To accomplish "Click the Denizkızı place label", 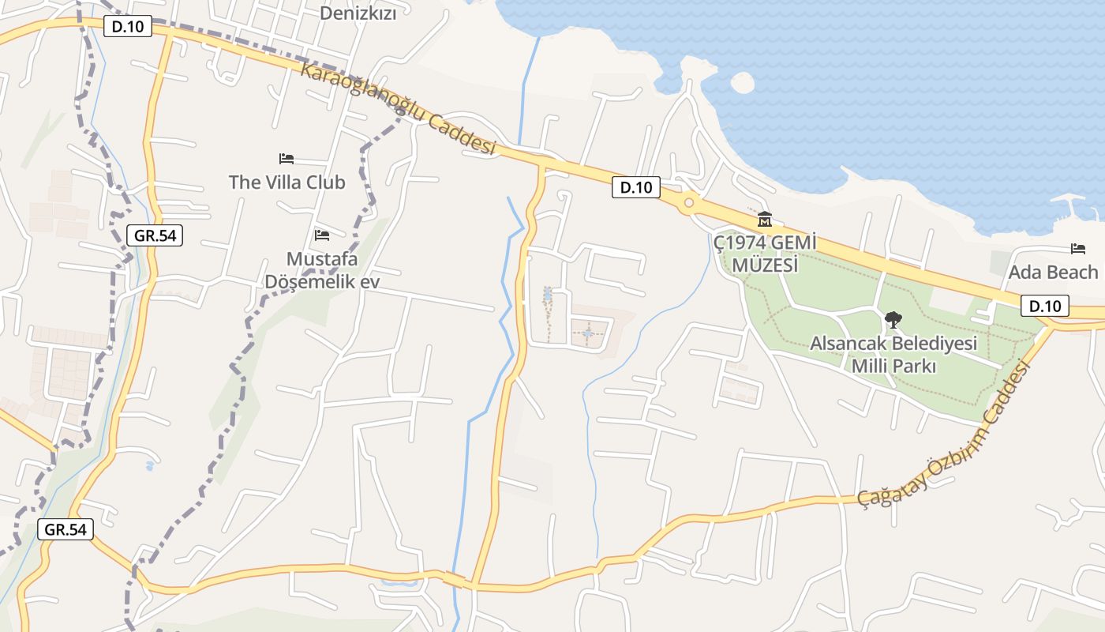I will tap(358, 13).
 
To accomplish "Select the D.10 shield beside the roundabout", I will tap(636, 187).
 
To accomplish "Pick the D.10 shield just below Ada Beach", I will tap(1045, 306).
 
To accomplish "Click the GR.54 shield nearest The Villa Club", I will tap(155, 235).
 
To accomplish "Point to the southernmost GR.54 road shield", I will tap(66, 529).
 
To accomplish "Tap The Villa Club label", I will tap(287, 182).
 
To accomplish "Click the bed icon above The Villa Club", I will tap(287, 159).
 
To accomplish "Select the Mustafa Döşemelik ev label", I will tap(322, 270).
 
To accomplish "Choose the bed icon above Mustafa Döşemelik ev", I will tap(321, 235).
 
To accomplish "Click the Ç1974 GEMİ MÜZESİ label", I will tap(764, 254).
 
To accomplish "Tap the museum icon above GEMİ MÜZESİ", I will tap(764, 219).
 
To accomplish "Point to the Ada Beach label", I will tap(1053, 273).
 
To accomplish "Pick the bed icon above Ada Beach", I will tap(1078, 249).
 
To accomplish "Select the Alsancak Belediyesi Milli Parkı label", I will tap(893, 355).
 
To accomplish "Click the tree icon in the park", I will tap(893, 320).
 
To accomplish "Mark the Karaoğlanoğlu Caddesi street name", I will tap(397, 108).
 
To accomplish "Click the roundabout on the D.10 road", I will tap(689, 203).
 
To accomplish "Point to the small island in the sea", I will tap(743, 82).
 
